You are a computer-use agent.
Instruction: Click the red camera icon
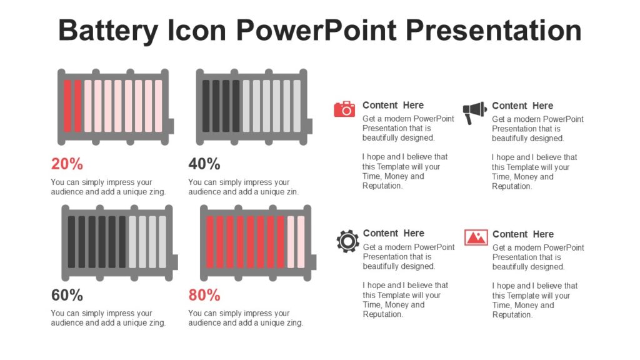(344, 109)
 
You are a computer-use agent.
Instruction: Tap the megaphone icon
(474, 112)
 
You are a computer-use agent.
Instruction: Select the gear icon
(347, 241)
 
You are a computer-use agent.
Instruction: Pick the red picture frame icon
(476, 237)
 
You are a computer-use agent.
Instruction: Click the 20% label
(67, 164)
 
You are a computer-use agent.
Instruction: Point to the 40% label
(204, 164)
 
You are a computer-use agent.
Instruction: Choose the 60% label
(67, 295)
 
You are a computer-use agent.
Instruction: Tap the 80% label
(204, 295)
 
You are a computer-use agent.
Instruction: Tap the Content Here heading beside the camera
(393, 105)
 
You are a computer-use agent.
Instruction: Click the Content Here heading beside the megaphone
(522, 106)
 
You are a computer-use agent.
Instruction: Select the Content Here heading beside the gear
(394, 233)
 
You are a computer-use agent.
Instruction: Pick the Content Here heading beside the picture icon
(523, 234)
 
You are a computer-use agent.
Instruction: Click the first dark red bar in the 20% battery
(67, 106)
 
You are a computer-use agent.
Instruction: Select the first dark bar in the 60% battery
(71, 241)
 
